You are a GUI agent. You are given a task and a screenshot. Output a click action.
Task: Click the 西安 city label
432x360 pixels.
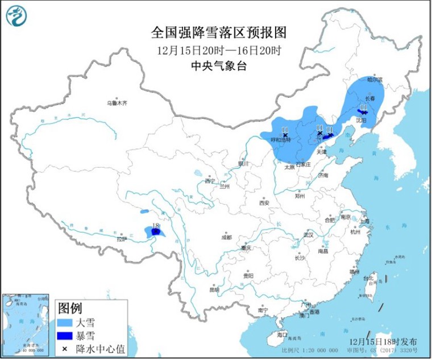pyautogui.click(x=264, y=203)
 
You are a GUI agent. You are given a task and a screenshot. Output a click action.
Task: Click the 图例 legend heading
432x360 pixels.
pyautogui.click(x=70, y=308)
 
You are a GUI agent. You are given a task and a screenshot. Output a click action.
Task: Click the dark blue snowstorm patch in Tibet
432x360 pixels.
pyautogui.click(x=155, y=231)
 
